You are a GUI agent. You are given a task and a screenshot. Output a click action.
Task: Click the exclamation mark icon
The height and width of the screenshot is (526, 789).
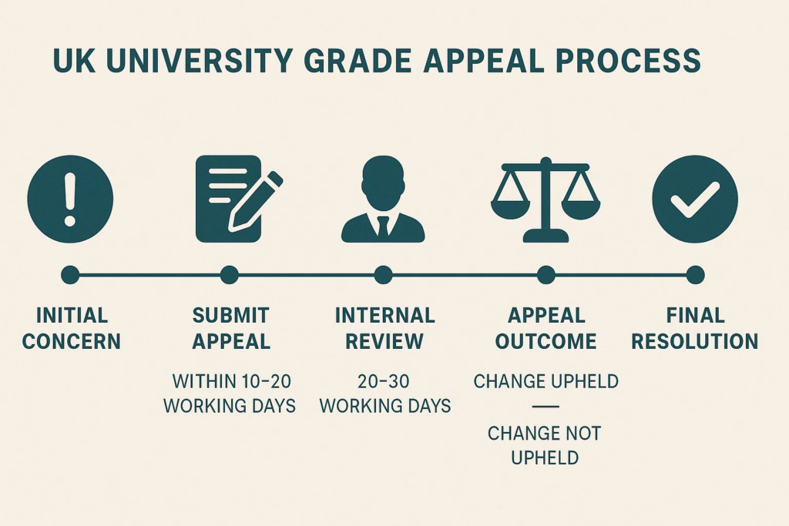(x=70, y=199)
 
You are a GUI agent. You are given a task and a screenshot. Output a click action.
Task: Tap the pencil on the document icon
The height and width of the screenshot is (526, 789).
(x=255, y=202)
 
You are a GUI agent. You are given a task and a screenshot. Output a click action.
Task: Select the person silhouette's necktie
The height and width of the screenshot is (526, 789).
(x=384, y=226)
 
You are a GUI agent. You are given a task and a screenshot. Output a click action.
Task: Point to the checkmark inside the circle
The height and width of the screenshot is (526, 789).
(x=695, y=199)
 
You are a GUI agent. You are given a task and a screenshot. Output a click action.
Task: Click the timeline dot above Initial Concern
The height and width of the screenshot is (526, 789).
(x=70, y=275)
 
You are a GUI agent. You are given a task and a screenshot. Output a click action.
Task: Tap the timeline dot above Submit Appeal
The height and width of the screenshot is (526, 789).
(x=230, y=275)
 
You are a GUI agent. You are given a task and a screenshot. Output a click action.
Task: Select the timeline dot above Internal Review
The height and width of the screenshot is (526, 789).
(x=384, y=275)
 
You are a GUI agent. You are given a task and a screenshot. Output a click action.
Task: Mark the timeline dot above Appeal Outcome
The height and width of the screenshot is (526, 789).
(x=546, y=275)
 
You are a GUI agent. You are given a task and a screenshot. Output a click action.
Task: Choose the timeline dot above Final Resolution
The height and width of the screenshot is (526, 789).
(x=695, y=275)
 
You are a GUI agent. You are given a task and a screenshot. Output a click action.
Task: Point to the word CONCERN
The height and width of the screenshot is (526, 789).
(x=72, y=341)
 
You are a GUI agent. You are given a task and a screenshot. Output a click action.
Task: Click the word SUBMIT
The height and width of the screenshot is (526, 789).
(x=231, y=316)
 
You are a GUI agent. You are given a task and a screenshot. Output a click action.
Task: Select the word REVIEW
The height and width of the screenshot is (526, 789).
(x=384, y=341)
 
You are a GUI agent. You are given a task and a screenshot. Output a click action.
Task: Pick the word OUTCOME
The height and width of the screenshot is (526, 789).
(x=546, y=341)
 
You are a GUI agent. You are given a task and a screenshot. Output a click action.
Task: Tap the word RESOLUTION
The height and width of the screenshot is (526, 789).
(x=695, y=341)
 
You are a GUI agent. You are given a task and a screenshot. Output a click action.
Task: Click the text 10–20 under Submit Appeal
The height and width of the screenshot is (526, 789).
(x=266, y=382)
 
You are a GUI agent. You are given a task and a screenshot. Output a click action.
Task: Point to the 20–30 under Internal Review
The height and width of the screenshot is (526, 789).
(x=384, y=382)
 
